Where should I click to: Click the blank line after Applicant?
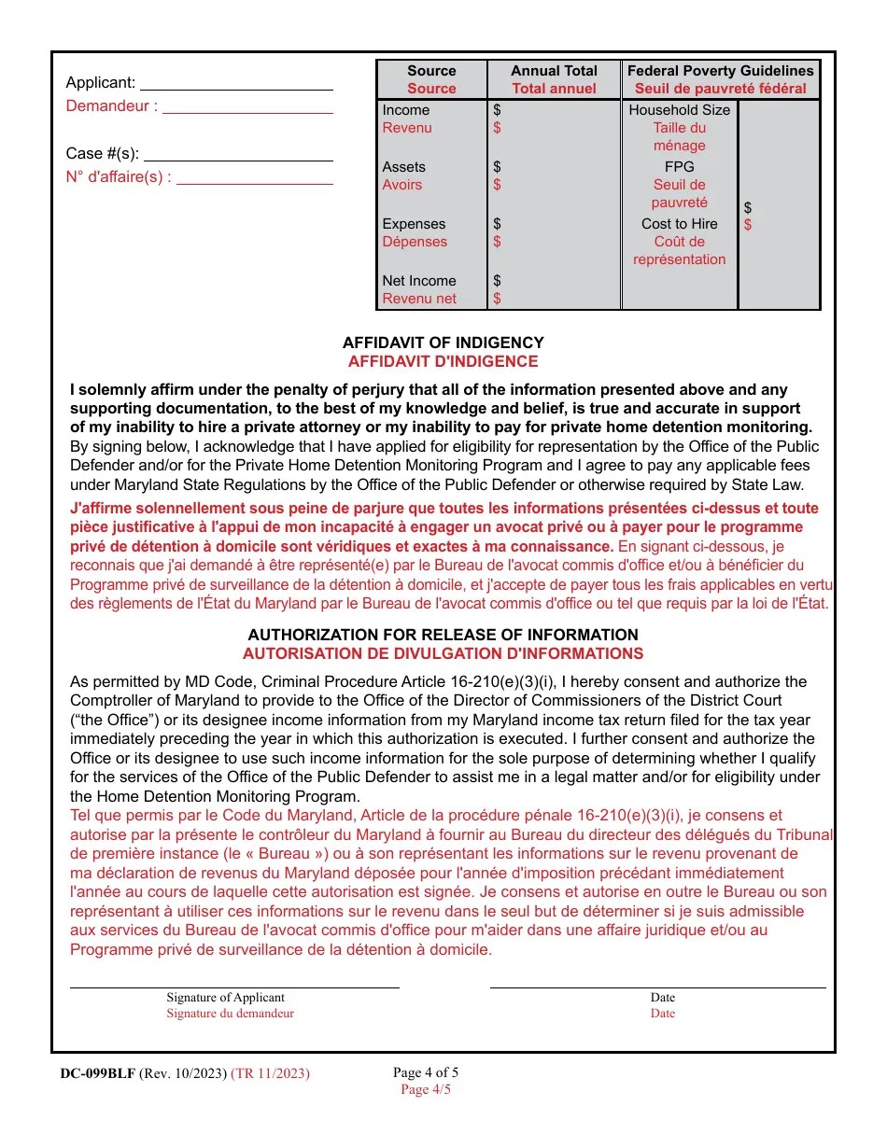coord(236,84)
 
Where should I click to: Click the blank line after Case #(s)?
coord(238,155)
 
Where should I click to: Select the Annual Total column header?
coord(554,71)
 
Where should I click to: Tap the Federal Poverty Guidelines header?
coord(720,71)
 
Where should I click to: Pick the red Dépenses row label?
coord(415,242)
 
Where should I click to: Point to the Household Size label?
coord(679,110)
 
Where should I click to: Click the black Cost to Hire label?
coord(679,224)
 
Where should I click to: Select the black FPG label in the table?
coord(679,167)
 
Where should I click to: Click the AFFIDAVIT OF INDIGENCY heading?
coord(443,343)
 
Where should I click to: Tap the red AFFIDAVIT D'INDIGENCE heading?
coord(443,361)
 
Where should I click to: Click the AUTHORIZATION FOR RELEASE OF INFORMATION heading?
coord(443,635)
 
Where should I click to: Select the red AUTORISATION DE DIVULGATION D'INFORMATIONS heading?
coord(443,653)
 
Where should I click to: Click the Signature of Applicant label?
coord(225,998)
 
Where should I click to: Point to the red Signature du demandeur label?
coord(230,1014)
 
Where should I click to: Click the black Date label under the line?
coord(662,998)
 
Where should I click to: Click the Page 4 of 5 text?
coord(426,1072)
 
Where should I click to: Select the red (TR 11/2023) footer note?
coord(270,1073)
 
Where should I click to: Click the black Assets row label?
coord(403,167)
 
